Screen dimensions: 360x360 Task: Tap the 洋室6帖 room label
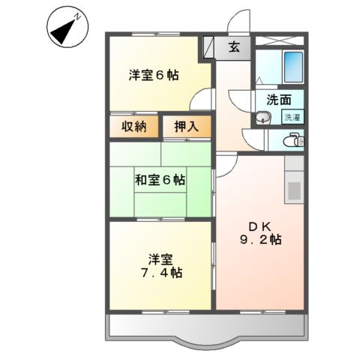coord(154,75)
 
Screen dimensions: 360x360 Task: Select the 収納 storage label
coord(134,127)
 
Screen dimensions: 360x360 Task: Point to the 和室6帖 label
coord(160,180)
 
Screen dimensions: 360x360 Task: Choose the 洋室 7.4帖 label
coord(160,265)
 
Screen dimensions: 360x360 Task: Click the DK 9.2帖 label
coord(260,233)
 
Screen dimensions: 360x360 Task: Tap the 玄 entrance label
coord(234,47)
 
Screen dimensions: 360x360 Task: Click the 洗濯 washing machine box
coord(291,116)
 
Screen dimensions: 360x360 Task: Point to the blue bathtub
coord(293,70)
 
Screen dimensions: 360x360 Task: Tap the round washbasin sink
coord(262,117)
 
